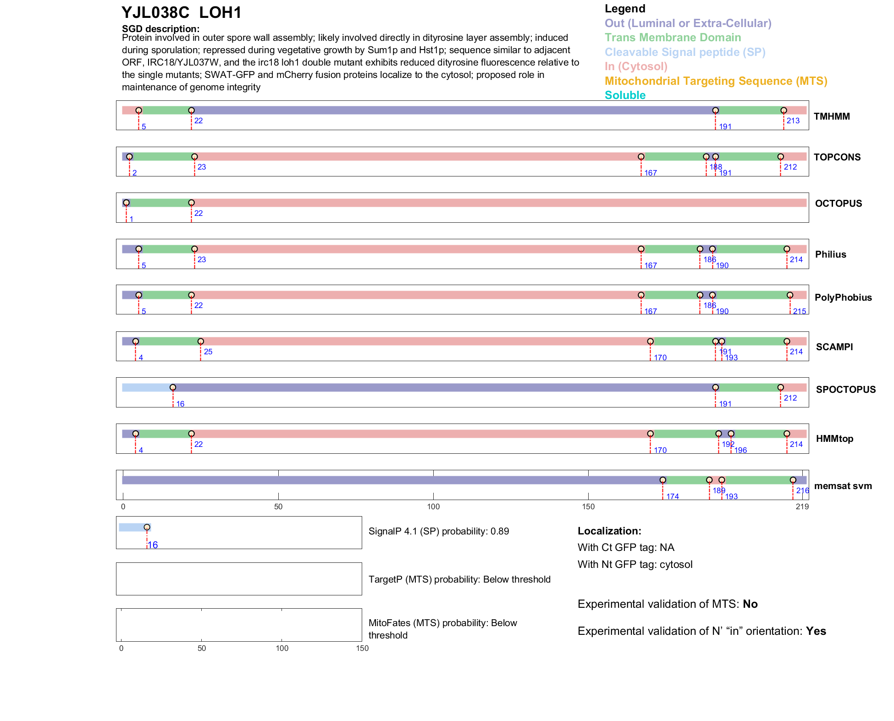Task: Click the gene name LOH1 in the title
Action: [220, 13]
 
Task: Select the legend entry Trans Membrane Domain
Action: [673, 38]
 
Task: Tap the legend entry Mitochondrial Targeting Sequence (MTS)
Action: [716, 81]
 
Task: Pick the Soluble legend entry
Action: [625, 95]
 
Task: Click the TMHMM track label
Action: [832, 116]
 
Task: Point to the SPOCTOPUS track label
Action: [845, 390]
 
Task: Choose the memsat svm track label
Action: [843, 486]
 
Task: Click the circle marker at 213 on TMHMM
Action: [784, 110]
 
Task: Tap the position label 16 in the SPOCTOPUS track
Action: [180, 404]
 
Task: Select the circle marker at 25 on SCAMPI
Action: [200, 341]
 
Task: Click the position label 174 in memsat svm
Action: [673, 496]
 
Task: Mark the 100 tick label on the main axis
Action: [433, 506]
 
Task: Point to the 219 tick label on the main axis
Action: [802, 506]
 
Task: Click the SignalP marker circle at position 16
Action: [147, 527]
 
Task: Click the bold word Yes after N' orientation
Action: [816, 631]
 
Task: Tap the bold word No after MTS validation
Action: [750, 604]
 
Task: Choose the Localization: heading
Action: [609, 531]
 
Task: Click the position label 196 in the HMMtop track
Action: [740, 450]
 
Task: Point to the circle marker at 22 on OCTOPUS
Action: [191, 203]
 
